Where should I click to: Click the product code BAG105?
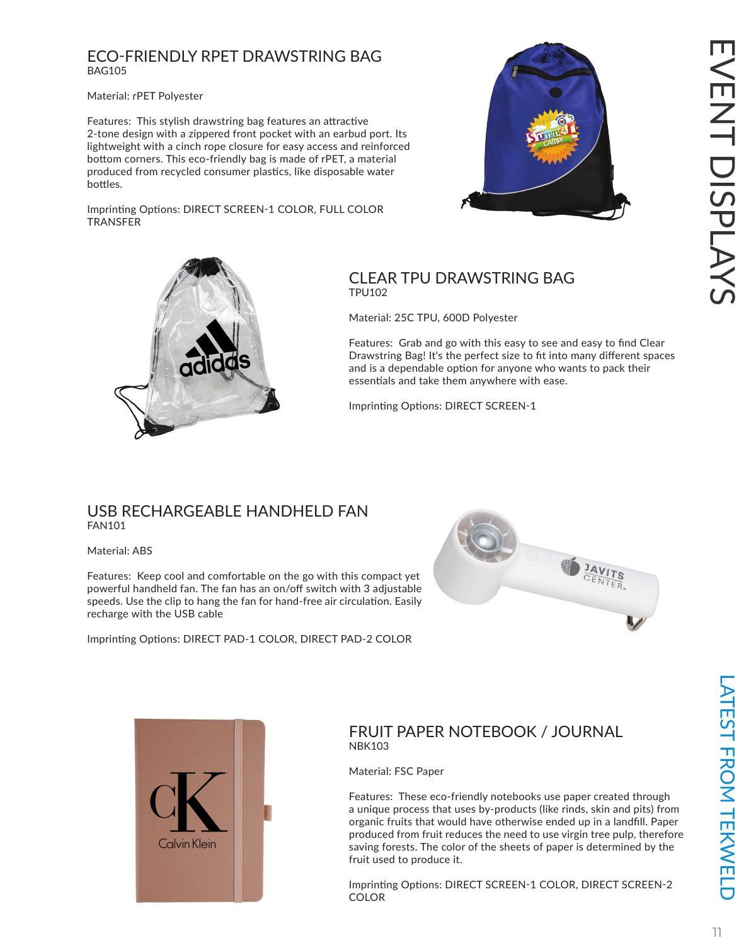tap(106, 71)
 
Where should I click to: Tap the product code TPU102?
tap(368, 292)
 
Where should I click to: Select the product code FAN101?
tap(106, 525)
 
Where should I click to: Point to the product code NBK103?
tap(369, 746)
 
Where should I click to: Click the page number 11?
tap(717, 932)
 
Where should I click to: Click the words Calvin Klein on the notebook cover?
tap(187, 844)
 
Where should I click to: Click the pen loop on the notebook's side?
tap(268, 812)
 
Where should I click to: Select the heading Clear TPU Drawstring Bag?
tap(461, 278)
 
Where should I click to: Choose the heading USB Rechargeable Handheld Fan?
tap(227, 511)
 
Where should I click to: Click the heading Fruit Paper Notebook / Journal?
tap(485, 731)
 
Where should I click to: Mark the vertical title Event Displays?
tap(722, 171)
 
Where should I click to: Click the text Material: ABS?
tap(120, 551)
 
